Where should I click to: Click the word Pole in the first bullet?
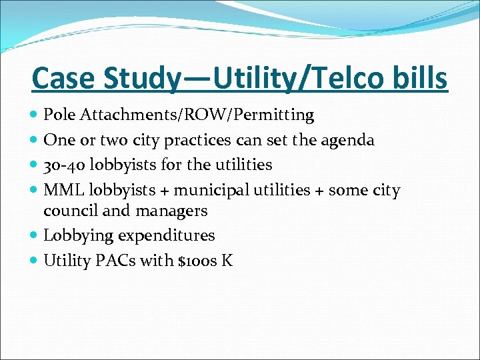point(57,115)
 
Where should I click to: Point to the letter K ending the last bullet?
point(227,260)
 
